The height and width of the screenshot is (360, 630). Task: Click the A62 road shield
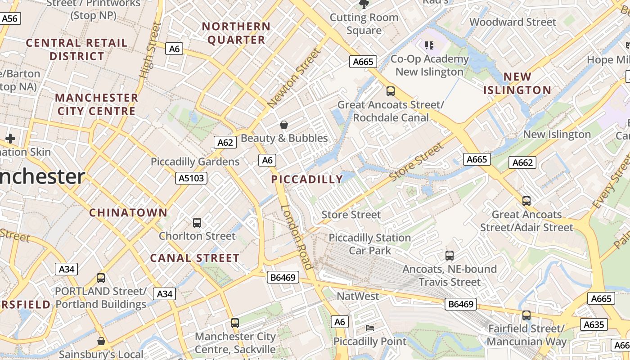[x=225, y=143]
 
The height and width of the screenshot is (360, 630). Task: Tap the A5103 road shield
[x=191, y=178]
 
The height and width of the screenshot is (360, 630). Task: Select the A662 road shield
[x=522, y=162]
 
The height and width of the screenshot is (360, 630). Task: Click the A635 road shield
[x=594, y=324]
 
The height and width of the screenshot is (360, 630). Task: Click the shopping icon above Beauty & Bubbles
[x=284, y=125]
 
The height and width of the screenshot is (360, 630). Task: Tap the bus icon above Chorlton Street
[x=197, y=222]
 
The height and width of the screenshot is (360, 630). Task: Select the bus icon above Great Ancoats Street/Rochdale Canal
[x=391, y=91]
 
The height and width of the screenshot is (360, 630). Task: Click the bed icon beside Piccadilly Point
[x=370, y=328]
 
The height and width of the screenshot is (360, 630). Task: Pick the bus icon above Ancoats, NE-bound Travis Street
[x=449, y=256]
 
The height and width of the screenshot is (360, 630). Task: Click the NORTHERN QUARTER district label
[x=236, y=33]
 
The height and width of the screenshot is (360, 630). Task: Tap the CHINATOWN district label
[x=128, y=212]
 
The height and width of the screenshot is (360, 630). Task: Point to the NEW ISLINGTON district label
[x=517, y=83]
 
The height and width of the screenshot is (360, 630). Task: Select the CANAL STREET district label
[x=194, y=258]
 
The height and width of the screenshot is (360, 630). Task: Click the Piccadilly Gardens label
[x=195, y=162]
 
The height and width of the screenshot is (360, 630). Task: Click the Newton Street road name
[x=295, y=78]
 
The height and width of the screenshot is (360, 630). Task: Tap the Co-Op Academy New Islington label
[x=429, y=65]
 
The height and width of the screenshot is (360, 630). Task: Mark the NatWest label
[x=358, y=296]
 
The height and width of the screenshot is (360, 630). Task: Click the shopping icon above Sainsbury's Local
[x=101, y=341]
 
